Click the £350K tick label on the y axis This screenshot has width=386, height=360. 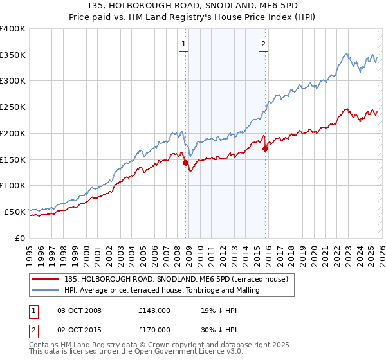[x=13, y=55]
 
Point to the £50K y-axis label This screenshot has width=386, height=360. [x=15, y=212]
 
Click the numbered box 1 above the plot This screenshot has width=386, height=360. [x=184, y=44]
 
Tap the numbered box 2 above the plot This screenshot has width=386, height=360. [x=264, y=44]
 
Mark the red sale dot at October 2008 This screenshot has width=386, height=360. [x=186, y=163]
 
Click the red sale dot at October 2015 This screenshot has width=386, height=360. [x=265, y=149]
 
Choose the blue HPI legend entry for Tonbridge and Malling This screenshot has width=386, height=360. [x=161, y=290]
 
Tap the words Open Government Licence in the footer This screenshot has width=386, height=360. [x=167, y=353]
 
